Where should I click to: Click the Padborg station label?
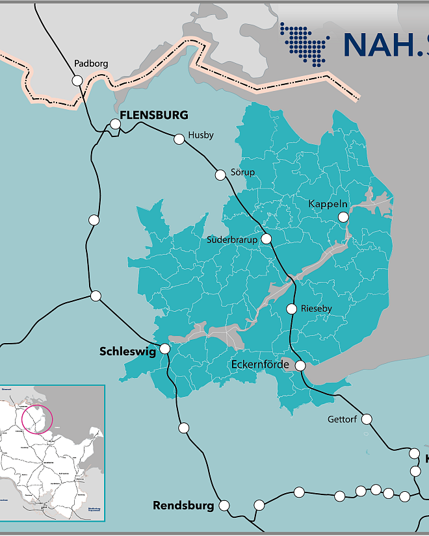pos(91,64)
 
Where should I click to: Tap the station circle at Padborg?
pos(77,81)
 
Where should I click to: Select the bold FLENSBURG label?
pos(154,115)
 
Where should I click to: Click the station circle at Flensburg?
pos(115,123)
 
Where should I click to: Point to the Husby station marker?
pos(179,138)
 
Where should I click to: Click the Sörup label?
pos(243,172)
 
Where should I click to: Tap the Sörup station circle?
pos(220,174)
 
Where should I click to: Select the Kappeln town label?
pos(328,204)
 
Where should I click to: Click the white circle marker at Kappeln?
pos(343,218)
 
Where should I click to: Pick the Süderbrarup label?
pos(232,240)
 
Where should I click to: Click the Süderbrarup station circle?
pos(266,238)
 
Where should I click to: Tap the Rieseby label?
pos(317,309)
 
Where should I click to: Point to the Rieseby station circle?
pos(292,309)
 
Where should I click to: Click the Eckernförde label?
pos(260,364)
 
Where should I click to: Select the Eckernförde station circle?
pos(300,366)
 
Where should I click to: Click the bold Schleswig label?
pos(127,351)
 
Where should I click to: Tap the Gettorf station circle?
pos(367,419)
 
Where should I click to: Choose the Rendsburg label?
pos(183,505)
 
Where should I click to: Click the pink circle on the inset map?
pos(37,418)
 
